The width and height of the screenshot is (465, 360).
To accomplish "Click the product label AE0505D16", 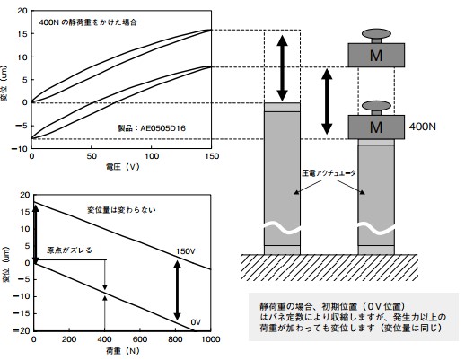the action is point(163,128).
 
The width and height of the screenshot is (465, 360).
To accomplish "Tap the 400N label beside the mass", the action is point(422,127).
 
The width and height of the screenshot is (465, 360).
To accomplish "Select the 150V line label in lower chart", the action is point(186,251).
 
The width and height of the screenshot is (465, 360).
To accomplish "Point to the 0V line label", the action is point(196,322).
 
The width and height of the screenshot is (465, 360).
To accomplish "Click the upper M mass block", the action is point(376,55).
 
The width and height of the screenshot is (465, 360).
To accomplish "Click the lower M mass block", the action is point(376,127).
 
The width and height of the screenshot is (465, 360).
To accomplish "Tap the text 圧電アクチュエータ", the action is point(329,173).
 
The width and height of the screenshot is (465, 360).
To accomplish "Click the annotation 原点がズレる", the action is point(69,250).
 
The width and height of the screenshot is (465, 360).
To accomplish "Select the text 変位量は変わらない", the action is point(121,210).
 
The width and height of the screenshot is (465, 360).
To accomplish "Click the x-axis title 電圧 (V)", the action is point(123,167).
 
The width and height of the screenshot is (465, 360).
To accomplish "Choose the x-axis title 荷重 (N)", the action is point(123,351).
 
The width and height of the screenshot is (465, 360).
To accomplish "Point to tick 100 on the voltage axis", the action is point(152,156).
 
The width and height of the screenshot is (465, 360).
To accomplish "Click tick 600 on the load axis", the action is point(140,339).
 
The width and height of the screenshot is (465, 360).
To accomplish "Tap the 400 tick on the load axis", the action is point(104,339).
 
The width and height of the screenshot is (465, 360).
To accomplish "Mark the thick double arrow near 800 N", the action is point(178,290).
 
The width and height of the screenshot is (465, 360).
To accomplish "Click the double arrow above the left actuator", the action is point(282,68).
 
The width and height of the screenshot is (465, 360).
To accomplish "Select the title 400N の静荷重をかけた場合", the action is point(88,22).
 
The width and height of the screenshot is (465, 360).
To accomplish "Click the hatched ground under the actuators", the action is point(329,268).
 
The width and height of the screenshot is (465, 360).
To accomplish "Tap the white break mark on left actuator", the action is point(282,229).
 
